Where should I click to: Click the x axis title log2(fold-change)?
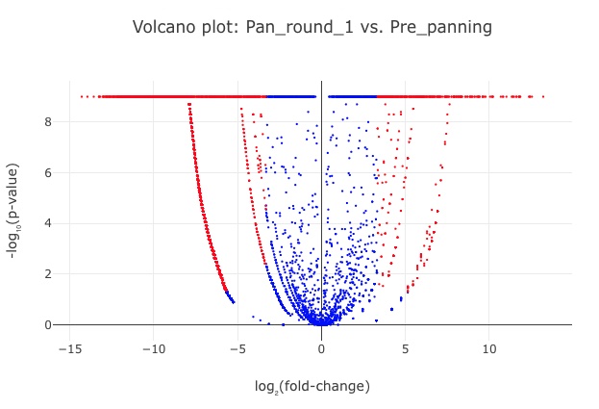point(312,386)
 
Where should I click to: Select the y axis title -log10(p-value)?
point(14,211)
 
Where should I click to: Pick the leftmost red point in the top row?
point(81,96)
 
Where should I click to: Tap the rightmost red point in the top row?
point(543,96)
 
